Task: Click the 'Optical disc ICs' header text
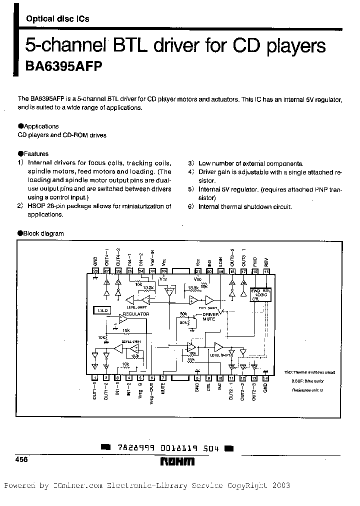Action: pyautogui.click(x=57, y=19)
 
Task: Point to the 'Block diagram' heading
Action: pyautogui.click(x=43, y=233)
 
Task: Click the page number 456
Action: pyautogui.click(x=22, y=459)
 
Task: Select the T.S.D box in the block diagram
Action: pyautogui.click(x=101, y=310)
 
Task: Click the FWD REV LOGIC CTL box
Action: pyautogui.click(x=260, y=294)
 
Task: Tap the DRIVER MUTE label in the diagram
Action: pyautogui.click(x=210, y=316)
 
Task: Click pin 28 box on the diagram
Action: pyautogui.click(x=95, y=271)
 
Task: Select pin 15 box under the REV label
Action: pyautogui.click(x=266, y=271)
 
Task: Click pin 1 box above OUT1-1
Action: pyautogui.click(x=95, y=378)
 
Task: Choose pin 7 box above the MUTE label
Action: pyautogui.click(x=163, y=378)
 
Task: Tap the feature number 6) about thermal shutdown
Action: pyautogui.click(x=190, y=206)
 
